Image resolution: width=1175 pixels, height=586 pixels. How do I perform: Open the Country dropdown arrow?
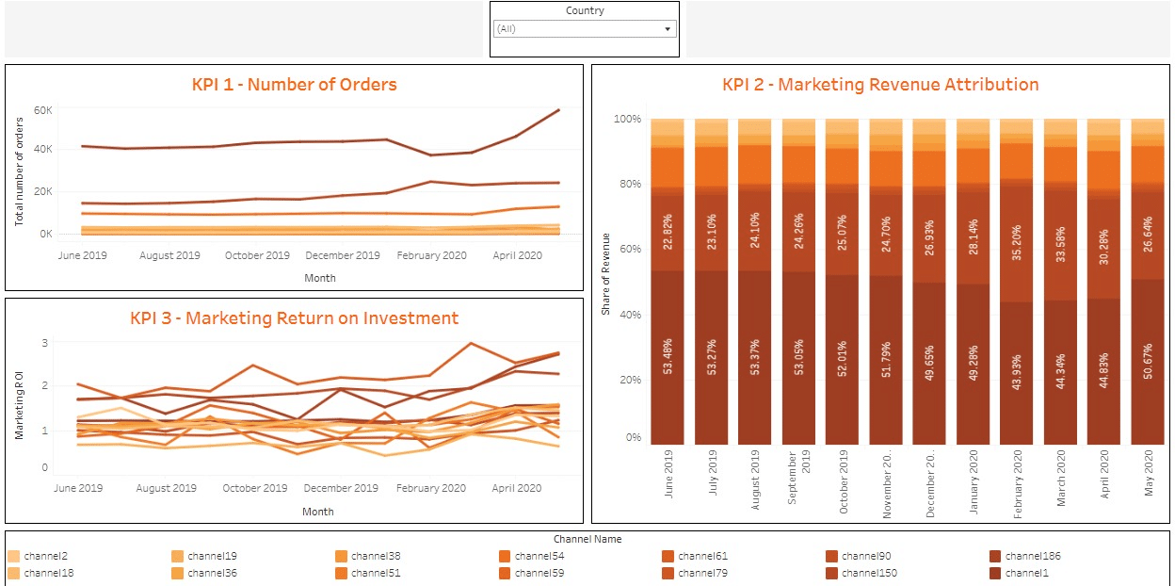click(x=668, y=29)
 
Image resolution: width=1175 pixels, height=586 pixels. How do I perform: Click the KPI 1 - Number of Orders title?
click(x=294, y=85)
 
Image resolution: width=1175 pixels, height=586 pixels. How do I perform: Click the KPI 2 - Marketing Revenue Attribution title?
click(x=880, y=85)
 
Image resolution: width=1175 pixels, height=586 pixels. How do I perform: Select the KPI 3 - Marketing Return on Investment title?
click(x=294, y=318)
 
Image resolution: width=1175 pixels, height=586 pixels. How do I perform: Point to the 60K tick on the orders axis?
click(x=42, y=110)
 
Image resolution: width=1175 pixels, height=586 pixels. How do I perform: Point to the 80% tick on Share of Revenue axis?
click(x=627, y=185)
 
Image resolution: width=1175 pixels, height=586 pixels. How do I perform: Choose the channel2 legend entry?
click(x=45, y=557)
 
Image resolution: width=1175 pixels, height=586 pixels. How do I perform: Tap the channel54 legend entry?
click(x=539, y=557)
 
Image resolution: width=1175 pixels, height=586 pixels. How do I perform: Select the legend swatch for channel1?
click(x=996, y=573)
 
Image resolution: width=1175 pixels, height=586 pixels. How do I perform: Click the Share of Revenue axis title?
click(x=607, y=273)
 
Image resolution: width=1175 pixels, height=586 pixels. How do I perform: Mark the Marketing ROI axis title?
click(x=19, y=405)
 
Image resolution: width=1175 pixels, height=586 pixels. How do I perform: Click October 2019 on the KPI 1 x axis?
click(x=257, y=255)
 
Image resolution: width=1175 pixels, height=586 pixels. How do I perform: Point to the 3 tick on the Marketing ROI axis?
click(x=43, y=343)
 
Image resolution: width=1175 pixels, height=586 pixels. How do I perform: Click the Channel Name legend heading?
click(x=587, y=540)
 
